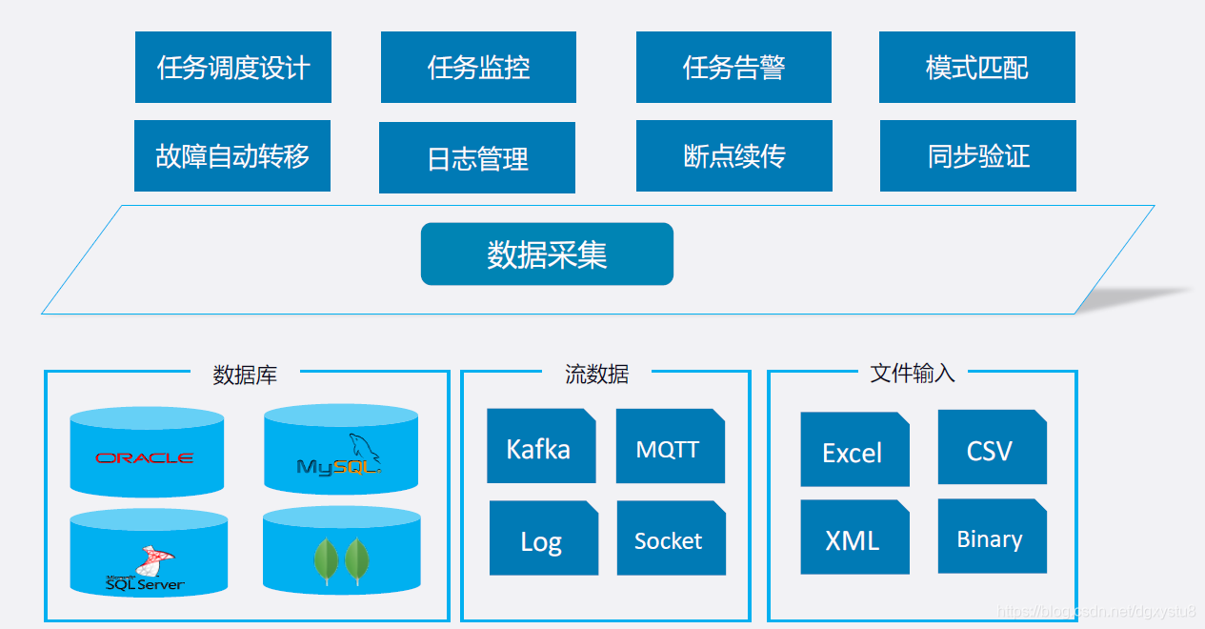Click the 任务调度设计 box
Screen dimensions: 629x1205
(x=233, y=68)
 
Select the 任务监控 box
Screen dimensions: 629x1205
(x=478, y=68)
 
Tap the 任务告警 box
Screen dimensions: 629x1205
(x=733, y=68)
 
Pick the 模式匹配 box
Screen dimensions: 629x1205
(x=977, y=68)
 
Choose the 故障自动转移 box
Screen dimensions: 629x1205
(x=232, y=156)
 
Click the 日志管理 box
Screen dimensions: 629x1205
(x=477, y=158)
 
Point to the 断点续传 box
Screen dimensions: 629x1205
(x=734, y=156)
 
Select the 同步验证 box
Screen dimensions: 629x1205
(x=978, y=156)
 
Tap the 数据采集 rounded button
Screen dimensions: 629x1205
(x=547, y=254)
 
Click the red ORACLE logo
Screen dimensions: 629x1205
(x=145, y=458)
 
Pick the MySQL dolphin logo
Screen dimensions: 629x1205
(x=340, y=457)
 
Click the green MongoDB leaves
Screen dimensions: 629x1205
(x=342, y=560)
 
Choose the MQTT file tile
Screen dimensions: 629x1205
(x=670, y=447)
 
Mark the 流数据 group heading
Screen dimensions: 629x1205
(x=597, y=375)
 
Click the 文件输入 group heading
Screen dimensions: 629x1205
(x=912, y=374)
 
